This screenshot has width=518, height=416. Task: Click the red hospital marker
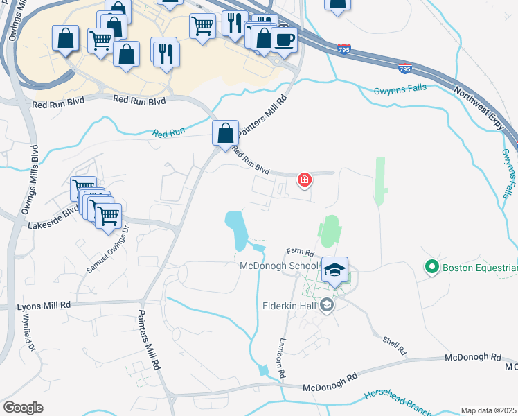coord(303,181)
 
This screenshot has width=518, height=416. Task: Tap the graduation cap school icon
coord(334,270)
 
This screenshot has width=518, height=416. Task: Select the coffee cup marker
coord(284,40)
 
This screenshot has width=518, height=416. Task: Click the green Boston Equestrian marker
coord(432,266)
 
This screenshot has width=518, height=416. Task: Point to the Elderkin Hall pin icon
coord(327,304)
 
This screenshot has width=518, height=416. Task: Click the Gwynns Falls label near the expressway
coord(400,89)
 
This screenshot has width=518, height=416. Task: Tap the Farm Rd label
coord(301,253)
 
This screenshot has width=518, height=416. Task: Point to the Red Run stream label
coord(170,132)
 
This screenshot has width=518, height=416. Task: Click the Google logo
coord(23,408)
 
